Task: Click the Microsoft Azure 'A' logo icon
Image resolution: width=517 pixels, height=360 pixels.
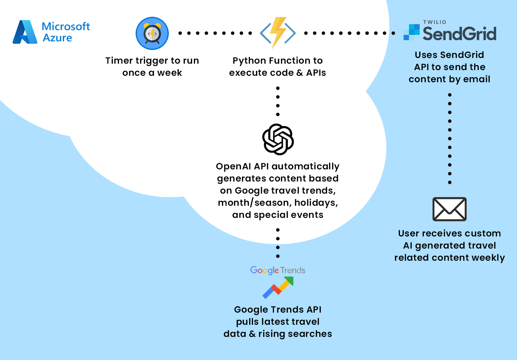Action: (x=25, y=32)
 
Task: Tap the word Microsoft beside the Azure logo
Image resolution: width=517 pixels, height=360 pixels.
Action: (x=66, y=26)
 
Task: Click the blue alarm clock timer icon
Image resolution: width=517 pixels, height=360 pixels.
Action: (x=152, y=33)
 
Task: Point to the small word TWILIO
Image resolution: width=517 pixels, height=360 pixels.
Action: (x=434, y=22)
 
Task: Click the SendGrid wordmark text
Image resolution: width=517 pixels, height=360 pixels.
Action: (x=459, y=33)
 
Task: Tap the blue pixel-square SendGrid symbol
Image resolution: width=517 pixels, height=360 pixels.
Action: (x=412, y=32)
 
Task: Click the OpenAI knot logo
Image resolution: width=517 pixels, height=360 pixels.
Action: (x=278, y=139)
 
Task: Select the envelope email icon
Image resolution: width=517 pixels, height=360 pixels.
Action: (x=450, y=209)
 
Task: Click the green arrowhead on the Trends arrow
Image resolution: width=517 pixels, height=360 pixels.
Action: (x=289, y=280)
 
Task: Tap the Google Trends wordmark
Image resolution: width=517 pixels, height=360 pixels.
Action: (x=278, y=270)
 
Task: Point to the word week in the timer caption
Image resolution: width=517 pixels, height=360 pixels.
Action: (x=170, y=73)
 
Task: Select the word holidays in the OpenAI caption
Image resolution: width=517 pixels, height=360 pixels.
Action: (x=316, y=203)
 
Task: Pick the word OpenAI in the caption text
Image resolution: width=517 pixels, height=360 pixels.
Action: (x=233, y=166)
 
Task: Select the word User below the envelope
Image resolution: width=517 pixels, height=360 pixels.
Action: (x=408, y=233)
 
